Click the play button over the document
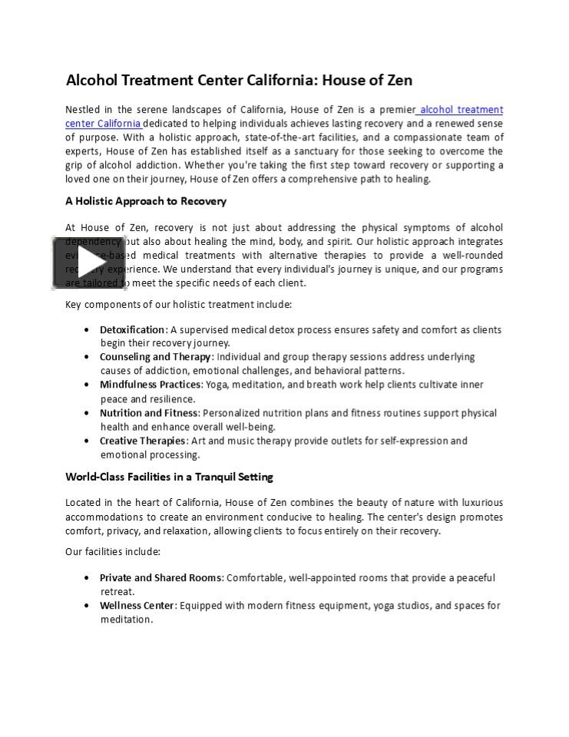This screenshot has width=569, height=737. tap(89, 263)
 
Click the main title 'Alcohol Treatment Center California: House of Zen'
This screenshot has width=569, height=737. tap(239, 80)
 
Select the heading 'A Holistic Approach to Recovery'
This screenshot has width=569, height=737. tap(146, 201)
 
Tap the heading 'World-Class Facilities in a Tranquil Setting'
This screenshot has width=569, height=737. tap(169, 477)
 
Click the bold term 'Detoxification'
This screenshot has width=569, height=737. tap(132, 329)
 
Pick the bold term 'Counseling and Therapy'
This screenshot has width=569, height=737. tap(155, 357)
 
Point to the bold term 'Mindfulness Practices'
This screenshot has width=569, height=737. tap(151, 385)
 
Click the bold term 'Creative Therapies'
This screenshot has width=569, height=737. tap(143, 441)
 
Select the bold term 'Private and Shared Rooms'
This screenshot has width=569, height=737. tap(161, 577)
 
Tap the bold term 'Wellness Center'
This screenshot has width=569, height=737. tap(137, 606)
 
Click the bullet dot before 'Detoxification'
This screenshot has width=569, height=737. tap(86, 330)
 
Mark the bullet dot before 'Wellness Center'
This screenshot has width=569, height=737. tap(86, 606)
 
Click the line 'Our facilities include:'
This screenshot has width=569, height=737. tap(113, 551)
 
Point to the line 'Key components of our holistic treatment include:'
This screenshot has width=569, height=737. tap(178, 304)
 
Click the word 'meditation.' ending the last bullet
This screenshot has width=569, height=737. tap(127, 620)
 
